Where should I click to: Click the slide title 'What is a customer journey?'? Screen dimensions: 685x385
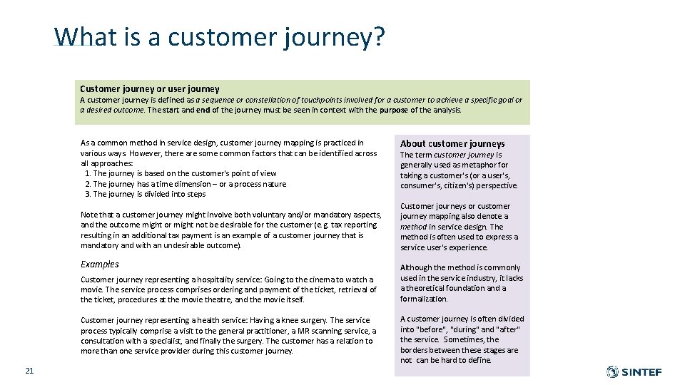[x=220, y=36]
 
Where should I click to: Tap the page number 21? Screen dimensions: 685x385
[x=29, y=370]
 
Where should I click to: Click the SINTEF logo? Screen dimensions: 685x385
[x=634, y=371]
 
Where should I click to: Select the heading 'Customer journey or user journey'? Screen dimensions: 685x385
[x=150, y=88]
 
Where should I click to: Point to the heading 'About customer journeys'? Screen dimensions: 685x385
[x=452, y=143]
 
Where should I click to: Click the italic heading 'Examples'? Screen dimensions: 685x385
[x=100, y=264]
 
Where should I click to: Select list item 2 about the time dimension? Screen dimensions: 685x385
[x=186, y=184]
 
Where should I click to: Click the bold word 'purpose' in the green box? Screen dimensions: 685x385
[x=394, y=110]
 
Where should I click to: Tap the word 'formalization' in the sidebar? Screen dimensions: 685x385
[x=424, y=299]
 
